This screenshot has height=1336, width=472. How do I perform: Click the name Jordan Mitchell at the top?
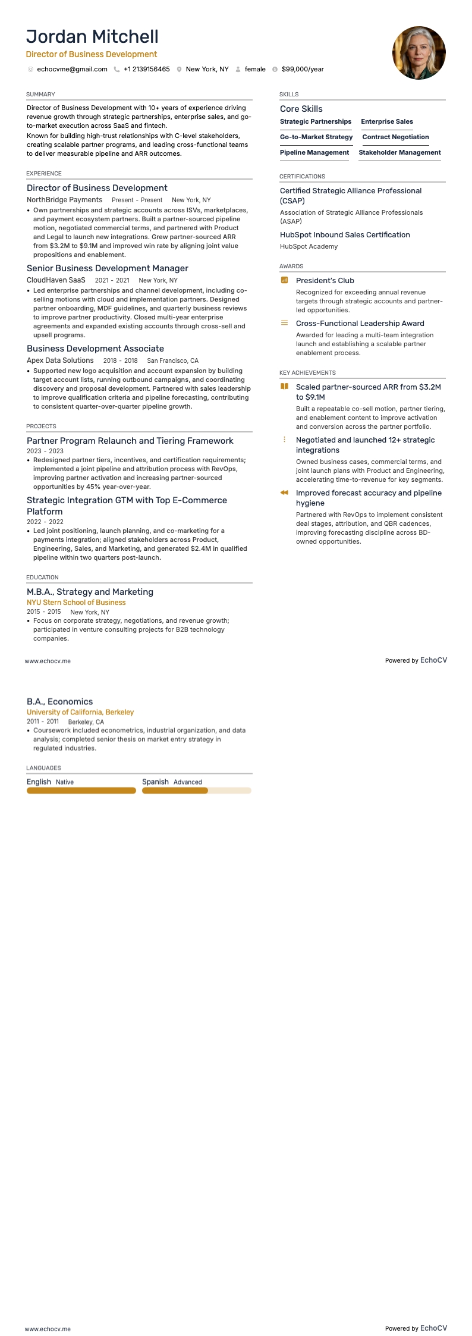point(92,37)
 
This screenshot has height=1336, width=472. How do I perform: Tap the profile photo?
point(418,53)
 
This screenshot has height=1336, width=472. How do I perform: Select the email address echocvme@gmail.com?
point(72,69)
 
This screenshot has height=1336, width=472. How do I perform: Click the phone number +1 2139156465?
point(146,69)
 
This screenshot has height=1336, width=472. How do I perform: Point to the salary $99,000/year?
point(303,69)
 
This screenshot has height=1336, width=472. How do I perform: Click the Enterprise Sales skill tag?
point(387,121)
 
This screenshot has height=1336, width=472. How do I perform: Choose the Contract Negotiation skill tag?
point(395,137)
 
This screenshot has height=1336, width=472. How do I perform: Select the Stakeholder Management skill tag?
point(399,152)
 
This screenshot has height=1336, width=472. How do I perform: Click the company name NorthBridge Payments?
point(64,200)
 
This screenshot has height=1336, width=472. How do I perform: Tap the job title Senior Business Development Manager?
point(107,268)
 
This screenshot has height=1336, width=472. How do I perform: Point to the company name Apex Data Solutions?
point(60,360)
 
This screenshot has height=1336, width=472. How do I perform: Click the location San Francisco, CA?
point(172,360)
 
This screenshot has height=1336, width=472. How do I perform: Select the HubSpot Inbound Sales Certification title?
point(345,235)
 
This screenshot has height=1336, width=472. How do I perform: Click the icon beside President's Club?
point(284,280)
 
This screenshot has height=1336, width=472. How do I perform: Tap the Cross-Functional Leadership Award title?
point(360,324)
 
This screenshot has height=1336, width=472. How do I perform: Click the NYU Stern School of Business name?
point(76,603)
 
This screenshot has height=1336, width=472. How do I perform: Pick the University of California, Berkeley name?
point(80,712)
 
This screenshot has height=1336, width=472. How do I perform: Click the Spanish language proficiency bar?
point(196,791)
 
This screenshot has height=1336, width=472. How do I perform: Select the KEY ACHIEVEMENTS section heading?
point(307,373)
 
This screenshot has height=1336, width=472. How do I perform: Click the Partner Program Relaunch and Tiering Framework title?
point(130,441)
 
